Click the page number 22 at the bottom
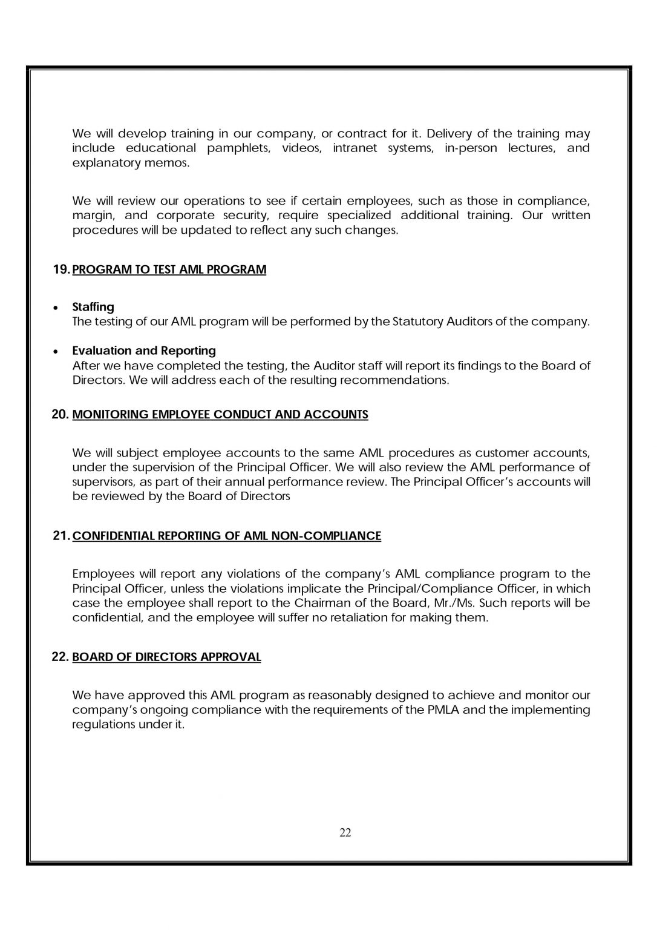[x=345, y=833]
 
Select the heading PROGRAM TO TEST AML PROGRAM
[x=169, y=269]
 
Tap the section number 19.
[x=61, y=269]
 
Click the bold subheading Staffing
[x=93, y=307]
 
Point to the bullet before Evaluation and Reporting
[x=56, y=351]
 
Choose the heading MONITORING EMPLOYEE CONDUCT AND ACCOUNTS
[x=220, y=415]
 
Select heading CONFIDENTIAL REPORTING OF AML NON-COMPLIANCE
[x=227, y=536]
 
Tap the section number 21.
[x=61, y=536]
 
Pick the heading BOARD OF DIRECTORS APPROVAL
[x=166, y=657]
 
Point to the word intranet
[x=355, y=148]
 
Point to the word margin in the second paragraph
[x=91, y=216]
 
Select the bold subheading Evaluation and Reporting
[x=144, y=351]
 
